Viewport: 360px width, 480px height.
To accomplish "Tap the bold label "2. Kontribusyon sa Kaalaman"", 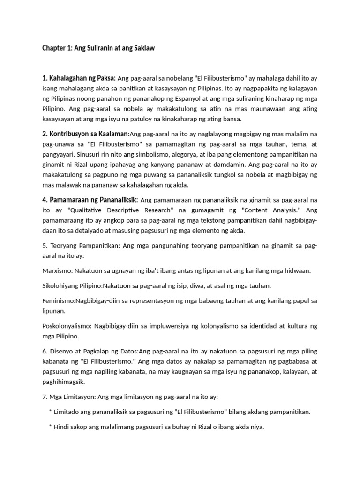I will point(84,135).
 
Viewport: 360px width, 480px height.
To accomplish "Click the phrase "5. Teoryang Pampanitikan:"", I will point(79,246).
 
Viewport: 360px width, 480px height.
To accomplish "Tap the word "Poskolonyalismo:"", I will point(66,326).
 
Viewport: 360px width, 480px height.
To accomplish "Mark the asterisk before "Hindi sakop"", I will point(50,427).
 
